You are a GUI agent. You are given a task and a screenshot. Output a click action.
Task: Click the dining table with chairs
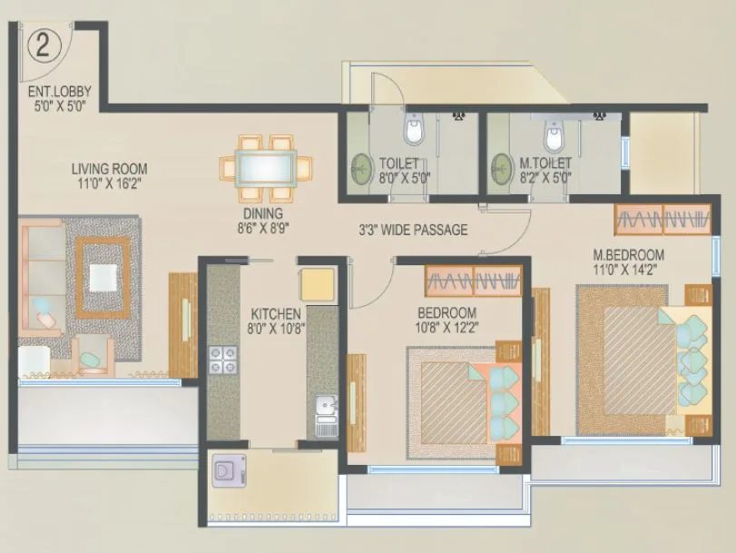point(267,169)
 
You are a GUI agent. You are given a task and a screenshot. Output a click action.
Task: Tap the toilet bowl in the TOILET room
point(414,130)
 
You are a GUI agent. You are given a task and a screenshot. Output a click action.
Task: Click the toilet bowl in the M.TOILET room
point(553,136)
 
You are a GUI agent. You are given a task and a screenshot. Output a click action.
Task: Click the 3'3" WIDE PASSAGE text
point(413,230)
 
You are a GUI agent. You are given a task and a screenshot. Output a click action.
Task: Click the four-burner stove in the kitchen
point(221,360)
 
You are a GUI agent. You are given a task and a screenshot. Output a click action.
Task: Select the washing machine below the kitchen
point(224,473)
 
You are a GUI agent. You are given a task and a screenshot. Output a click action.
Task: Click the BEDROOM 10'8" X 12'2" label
point(447,321)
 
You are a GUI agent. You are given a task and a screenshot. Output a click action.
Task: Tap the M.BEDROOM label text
point(628,262)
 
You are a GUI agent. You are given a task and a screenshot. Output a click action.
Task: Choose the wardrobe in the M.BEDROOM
point(662,218)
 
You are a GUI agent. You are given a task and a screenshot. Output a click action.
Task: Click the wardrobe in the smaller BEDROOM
point(474,281)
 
